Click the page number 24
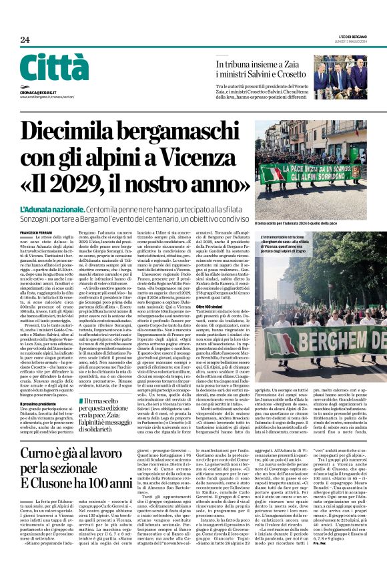[25, 39]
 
